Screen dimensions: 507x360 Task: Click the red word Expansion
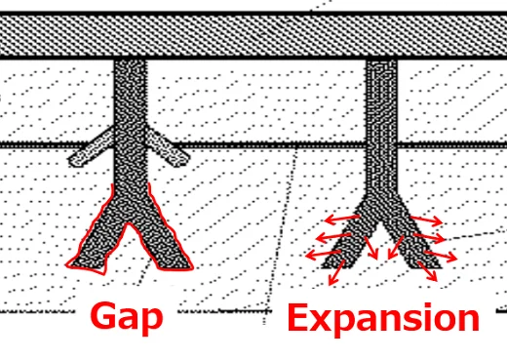383,318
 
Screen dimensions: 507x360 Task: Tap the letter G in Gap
105,316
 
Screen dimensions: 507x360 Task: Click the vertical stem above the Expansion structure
380,107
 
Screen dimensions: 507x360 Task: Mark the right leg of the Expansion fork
409,234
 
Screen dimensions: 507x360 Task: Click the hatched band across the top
253,35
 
